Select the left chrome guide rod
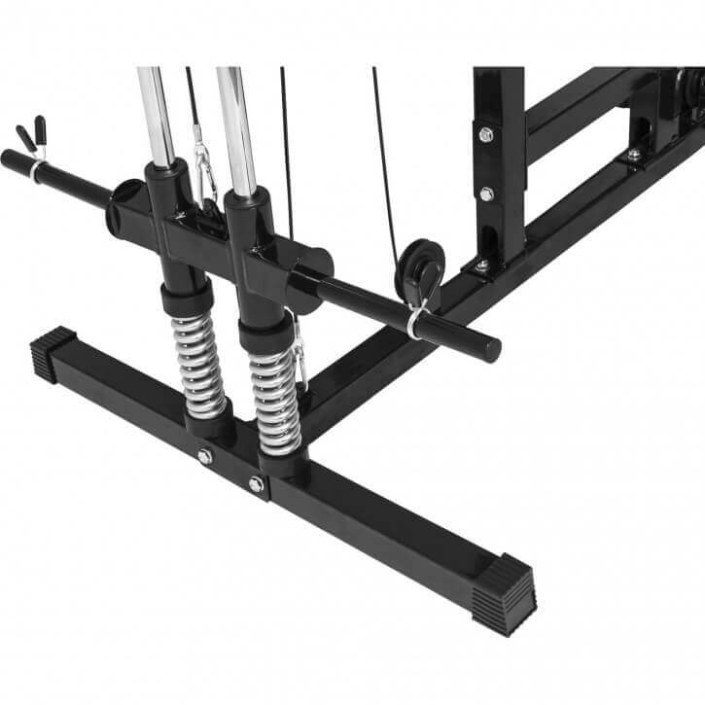click(x=156, y=112)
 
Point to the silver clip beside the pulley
click(x=416, y=316)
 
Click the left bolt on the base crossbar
click(x=205, y=455)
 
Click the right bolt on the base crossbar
click(x=256, y=483)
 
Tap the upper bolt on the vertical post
click(x=485, y=133)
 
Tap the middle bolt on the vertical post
click(x=486, y=194)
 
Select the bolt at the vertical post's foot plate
click(x=480, y=264)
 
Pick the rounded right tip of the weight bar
click(x=491, y=348)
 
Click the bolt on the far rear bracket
click(x=633, y=155)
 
